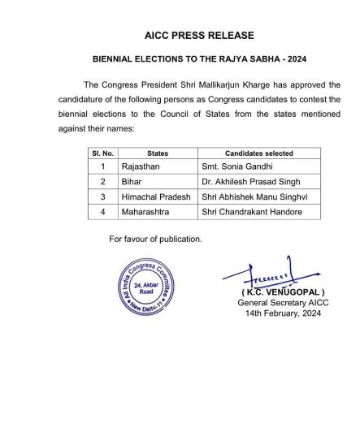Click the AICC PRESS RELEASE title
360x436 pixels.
(199, 36)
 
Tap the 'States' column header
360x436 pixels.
(157, 153)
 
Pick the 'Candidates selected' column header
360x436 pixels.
(258, 153)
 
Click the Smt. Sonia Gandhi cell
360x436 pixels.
(232, 167)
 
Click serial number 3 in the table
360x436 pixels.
(102, 196)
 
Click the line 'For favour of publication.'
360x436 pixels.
(155, 239)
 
